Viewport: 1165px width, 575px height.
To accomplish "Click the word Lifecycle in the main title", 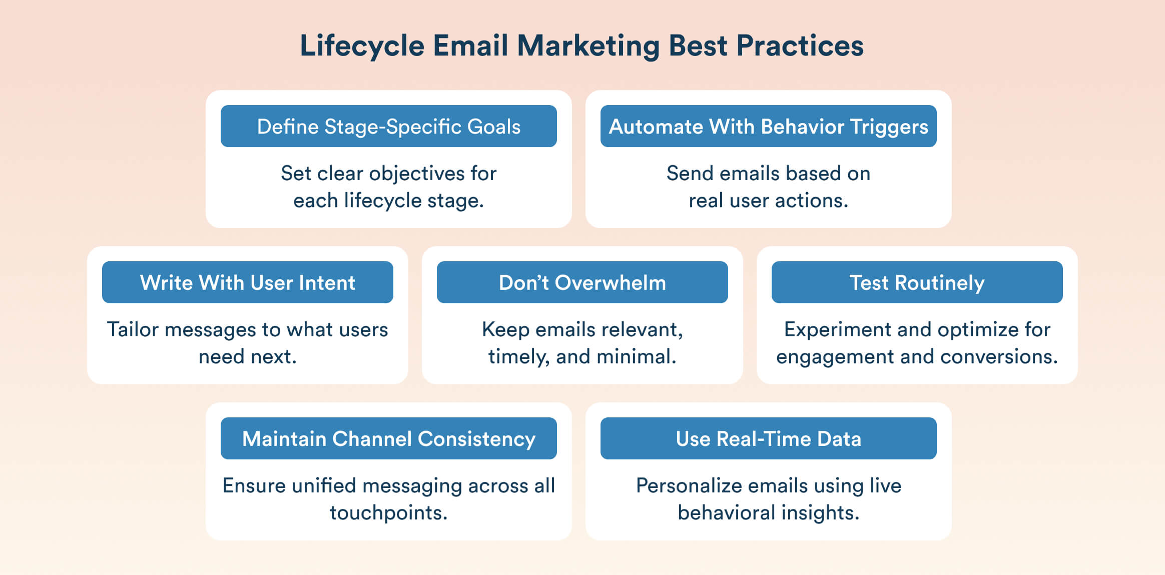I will (362, 46).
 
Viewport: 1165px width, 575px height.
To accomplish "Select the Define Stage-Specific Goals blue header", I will (388, 127).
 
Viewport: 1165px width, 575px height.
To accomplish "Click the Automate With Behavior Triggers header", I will (768, 127).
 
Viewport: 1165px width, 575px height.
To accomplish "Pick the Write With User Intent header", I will (247, 283).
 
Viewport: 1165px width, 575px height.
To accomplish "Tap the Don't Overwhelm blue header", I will (582, 283).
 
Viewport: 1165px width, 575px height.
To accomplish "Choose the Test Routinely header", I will (917, 283).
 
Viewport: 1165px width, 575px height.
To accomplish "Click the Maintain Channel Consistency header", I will (388, 439).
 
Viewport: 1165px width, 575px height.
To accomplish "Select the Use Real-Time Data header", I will (768, 439).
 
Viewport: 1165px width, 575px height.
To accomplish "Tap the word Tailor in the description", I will (133, 330).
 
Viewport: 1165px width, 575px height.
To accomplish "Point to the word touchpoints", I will (388, 513).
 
